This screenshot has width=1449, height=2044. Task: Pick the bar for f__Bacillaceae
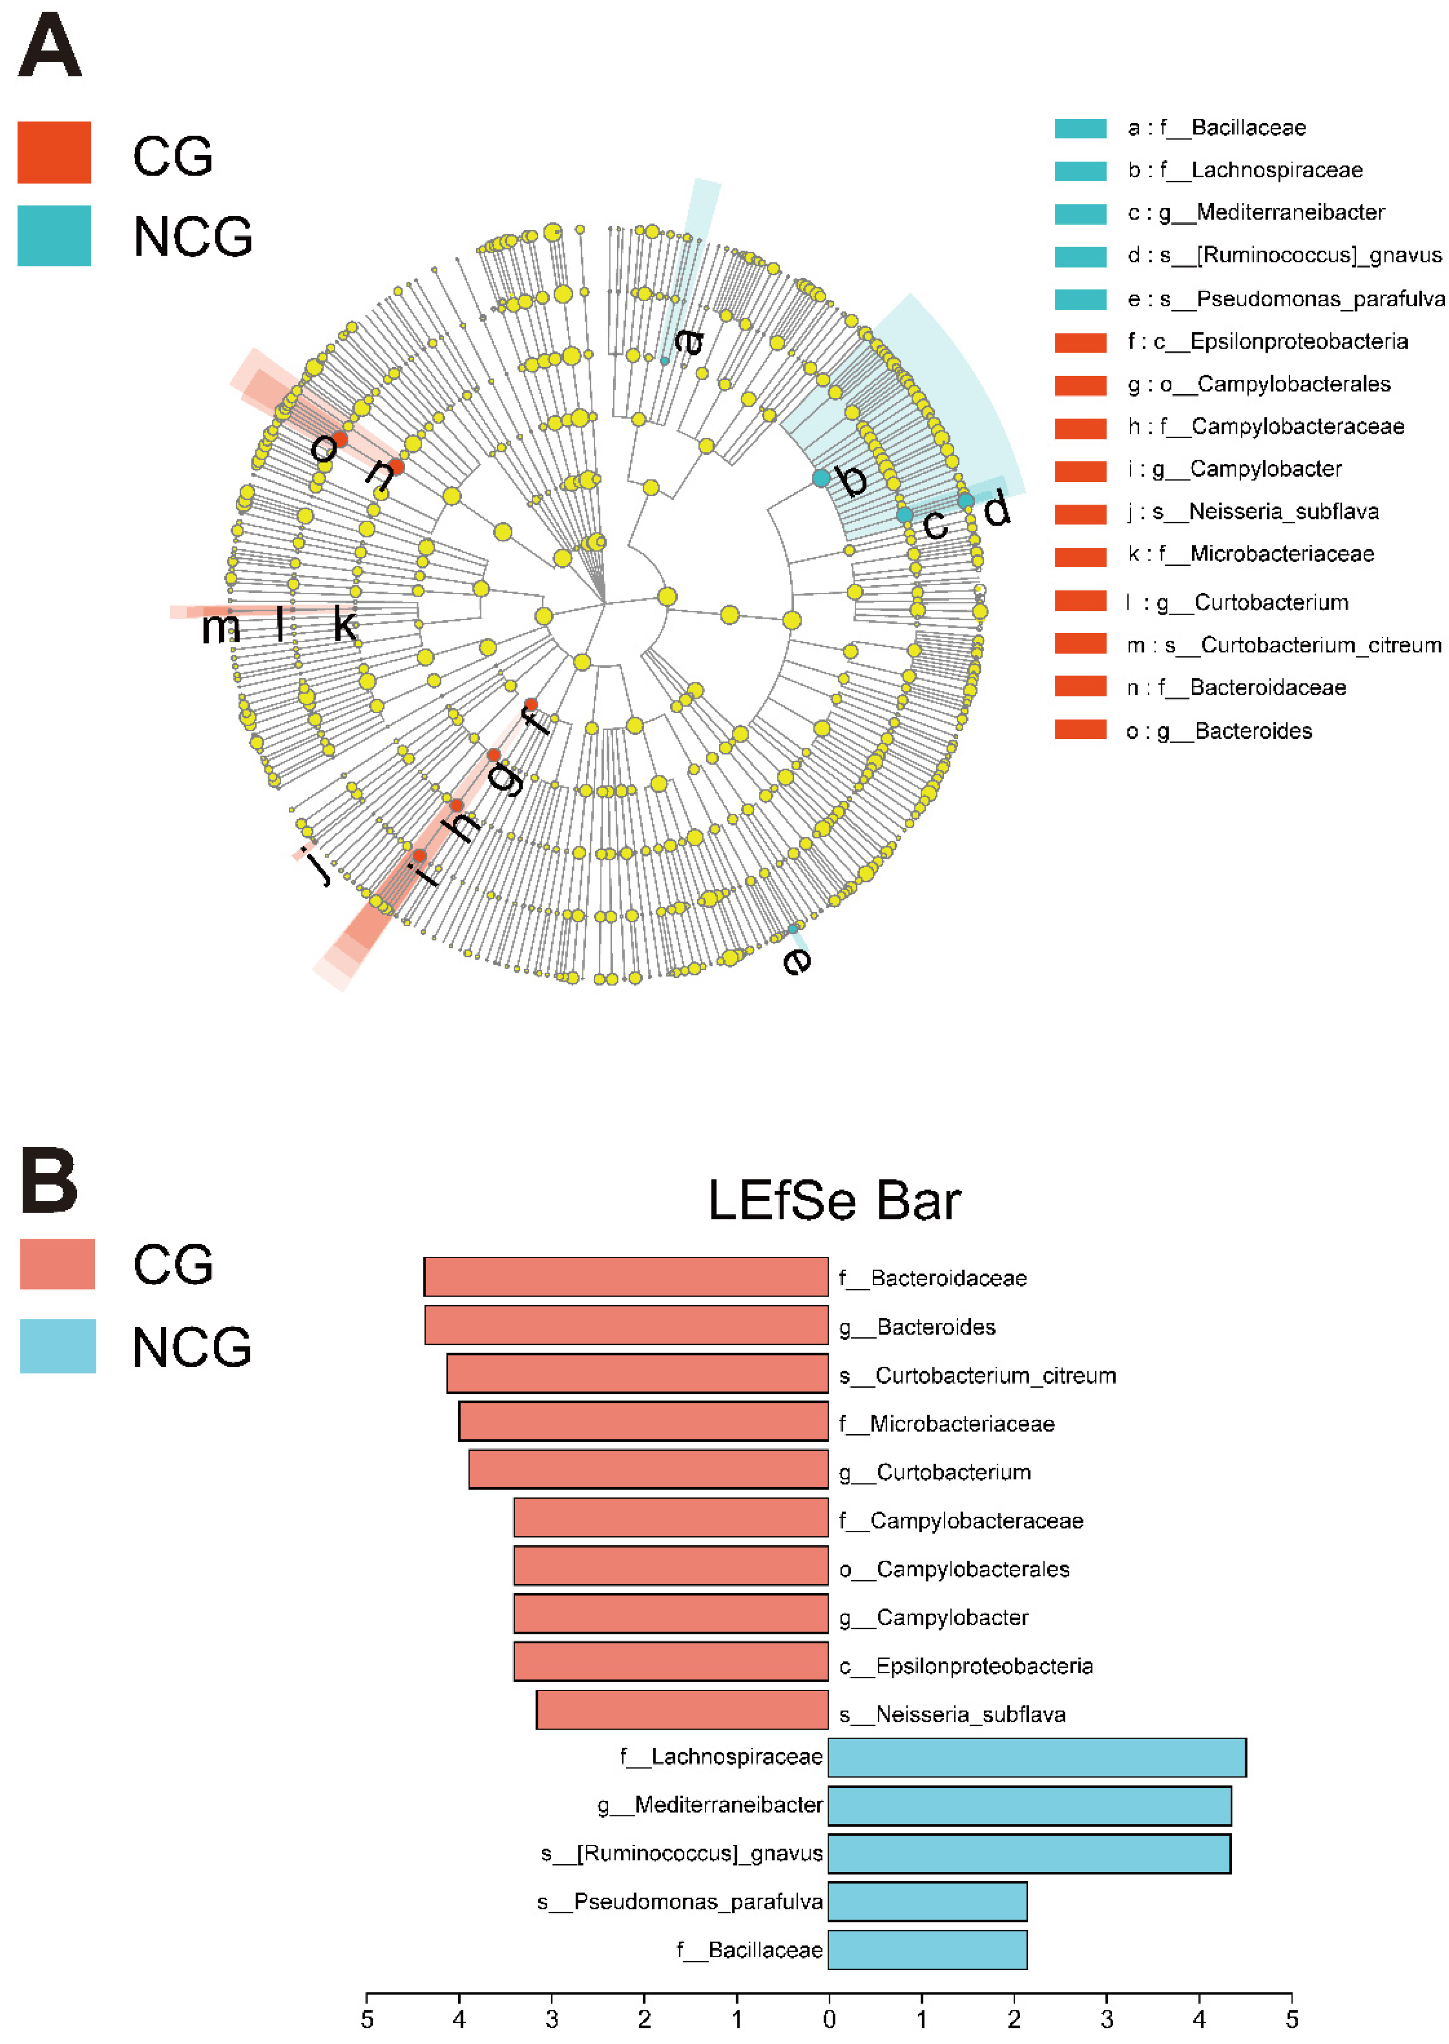pos(927,1950)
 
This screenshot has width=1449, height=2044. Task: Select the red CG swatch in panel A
pos(55,153)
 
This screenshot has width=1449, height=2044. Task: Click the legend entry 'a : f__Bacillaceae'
pos(1216,128)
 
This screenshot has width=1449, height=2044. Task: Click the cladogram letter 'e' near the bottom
pos(797,961)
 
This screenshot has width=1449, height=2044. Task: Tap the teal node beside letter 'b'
pos(821,478)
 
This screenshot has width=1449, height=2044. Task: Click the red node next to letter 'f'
pos(531,705)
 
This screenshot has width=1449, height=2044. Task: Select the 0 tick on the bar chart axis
pos(829,2018)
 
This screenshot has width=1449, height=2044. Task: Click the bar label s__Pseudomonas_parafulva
pos(680,1901)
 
